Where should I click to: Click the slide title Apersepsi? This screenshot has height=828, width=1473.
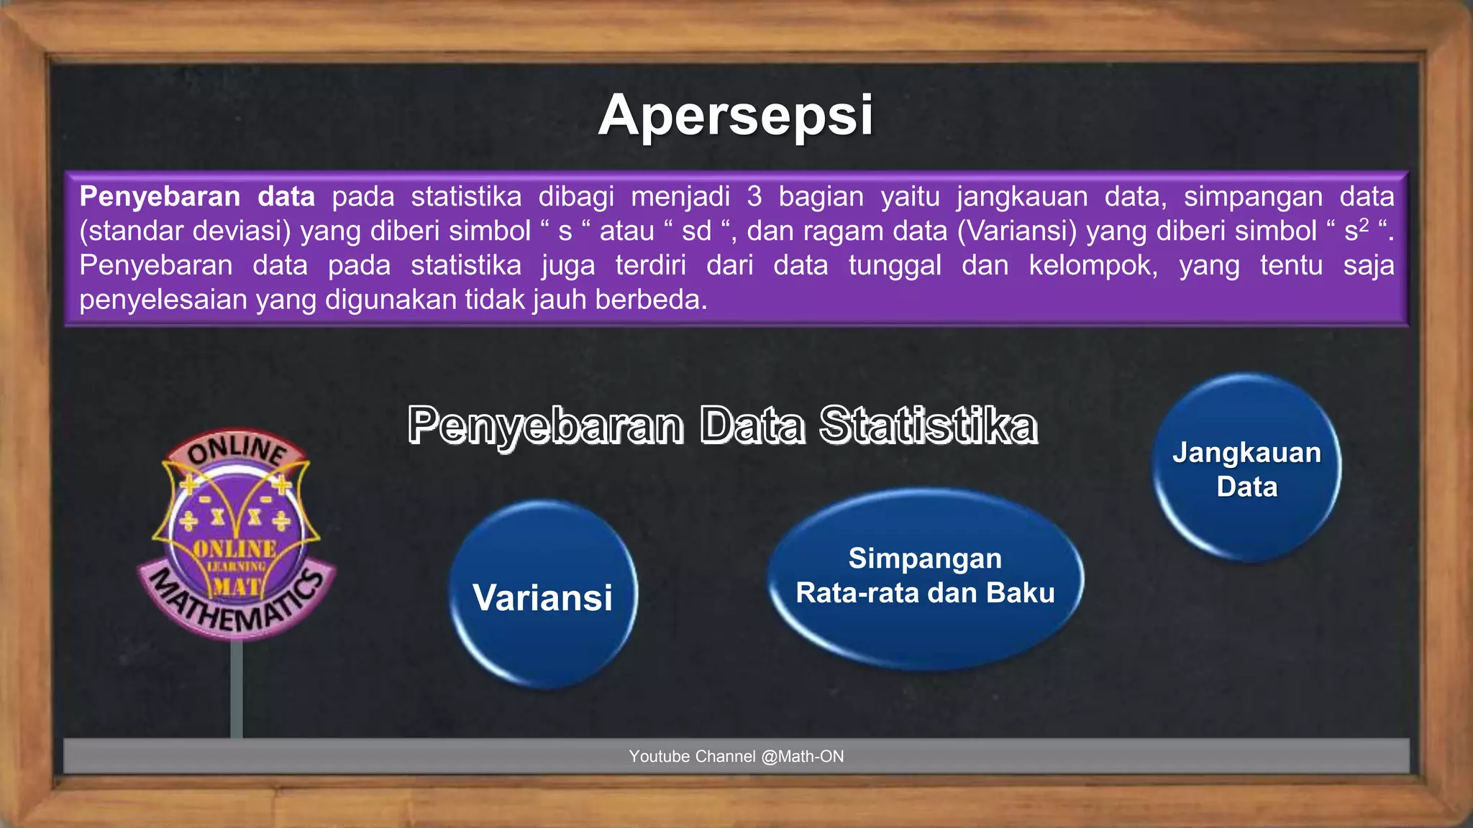pos(736,115)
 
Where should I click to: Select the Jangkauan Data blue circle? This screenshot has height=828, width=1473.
pos(1246,469)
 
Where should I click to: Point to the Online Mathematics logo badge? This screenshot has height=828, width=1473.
pos(236,535)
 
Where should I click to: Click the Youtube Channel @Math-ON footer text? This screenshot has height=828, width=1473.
pos(736,756)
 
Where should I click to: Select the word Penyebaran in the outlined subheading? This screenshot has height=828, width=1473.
pos(545,425)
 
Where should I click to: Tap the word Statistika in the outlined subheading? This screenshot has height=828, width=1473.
pos(928,425)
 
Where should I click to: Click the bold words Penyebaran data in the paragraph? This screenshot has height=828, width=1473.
pos(197,196)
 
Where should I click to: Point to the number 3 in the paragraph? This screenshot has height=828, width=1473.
pos(754,196)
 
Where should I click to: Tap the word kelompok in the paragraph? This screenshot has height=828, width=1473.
pos(1093,265)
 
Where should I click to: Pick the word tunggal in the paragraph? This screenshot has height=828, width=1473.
pos(895,265)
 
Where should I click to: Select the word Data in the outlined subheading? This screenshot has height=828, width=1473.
pos(752,425)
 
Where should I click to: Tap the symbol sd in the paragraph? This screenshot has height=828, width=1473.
pos(696,231)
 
